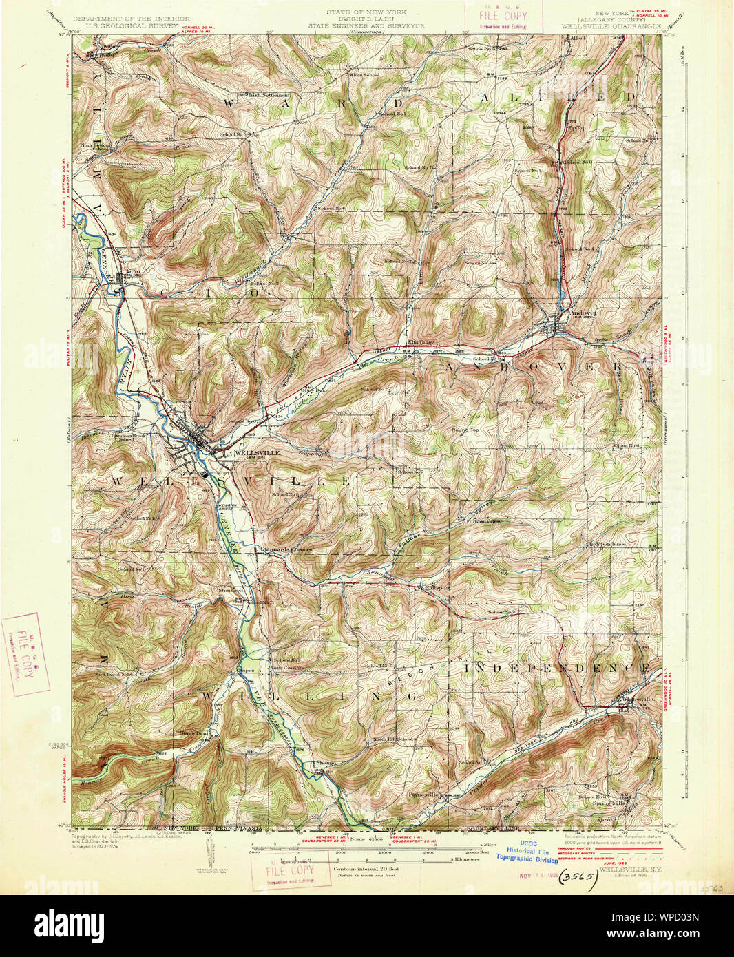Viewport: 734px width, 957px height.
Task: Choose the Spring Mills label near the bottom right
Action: tap(608, 803)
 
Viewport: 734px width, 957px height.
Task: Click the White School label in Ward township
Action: tap(364, 74)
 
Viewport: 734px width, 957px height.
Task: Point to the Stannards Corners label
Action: tap(286, 549)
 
